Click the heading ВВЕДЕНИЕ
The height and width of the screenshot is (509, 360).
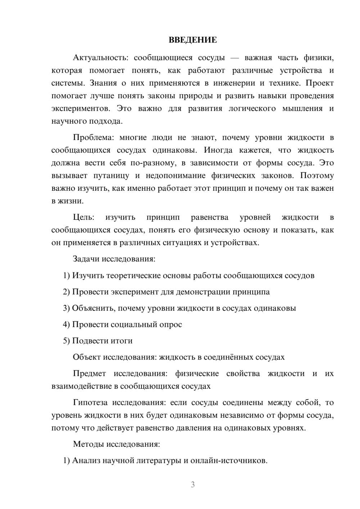click(x=193, y=40)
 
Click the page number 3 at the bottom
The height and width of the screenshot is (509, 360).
click(x=193, y=485)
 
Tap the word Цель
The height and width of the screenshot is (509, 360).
click(x=83, y=217)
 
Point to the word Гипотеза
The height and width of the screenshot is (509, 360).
click(x=91, y=402)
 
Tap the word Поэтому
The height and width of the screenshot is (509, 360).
click(x=317, y=176)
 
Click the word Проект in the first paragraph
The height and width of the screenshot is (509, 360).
click(x=320, y=83)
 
